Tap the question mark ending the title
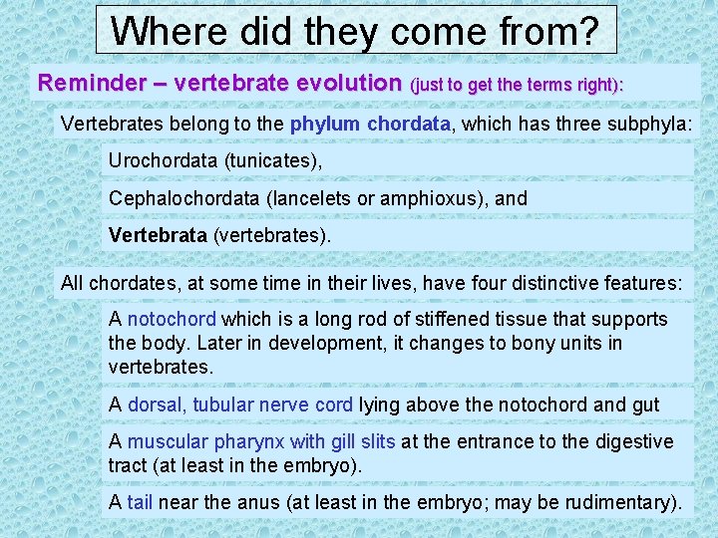(588, 31)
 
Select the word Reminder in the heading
(86, 84)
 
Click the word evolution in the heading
(342, 84)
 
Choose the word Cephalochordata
(184, 198)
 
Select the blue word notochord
(172, 320)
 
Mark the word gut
(646, 404)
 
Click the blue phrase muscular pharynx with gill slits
(261, 441)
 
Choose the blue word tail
(140, 503)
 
